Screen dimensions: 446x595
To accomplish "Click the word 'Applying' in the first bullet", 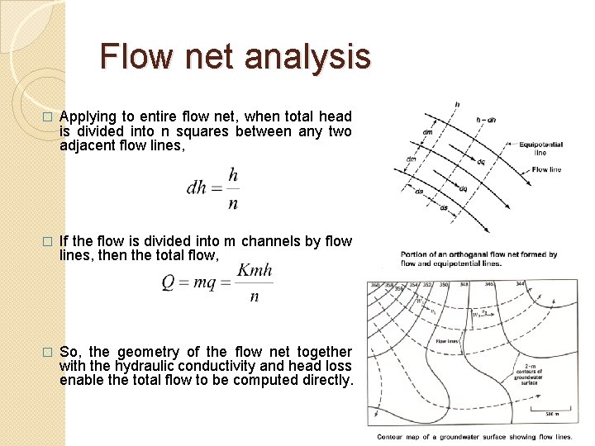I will click(89, 116).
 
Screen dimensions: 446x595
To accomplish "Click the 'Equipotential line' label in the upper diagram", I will click(540, 148).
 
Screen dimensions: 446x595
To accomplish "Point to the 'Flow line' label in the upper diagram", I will click(546, 169).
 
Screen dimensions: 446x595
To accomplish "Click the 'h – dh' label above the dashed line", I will click(487, 120).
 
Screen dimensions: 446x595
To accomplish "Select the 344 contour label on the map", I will click(519, 285).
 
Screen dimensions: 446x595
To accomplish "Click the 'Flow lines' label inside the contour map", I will click(447, 340).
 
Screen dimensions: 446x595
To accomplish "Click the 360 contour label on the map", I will click(377, 285).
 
